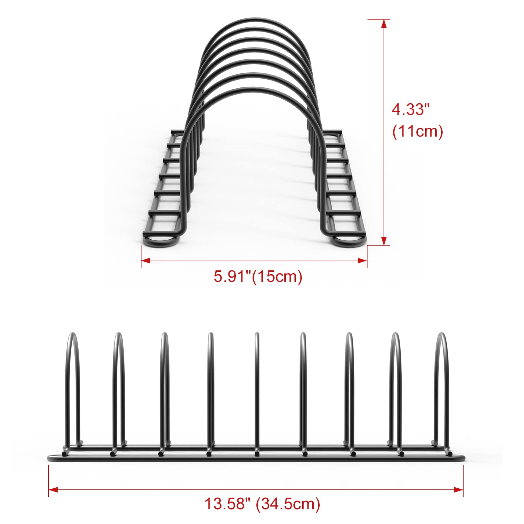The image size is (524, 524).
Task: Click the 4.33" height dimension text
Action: coord(410,110)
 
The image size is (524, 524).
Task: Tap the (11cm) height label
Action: coord(417,132)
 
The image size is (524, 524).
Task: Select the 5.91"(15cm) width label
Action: coord(258,277)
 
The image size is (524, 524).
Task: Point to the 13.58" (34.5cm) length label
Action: coord(262,504)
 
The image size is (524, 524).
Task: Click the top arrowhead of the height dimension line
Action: coord(384,23)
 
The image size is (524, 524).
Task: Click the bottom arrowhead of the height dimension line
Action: coord(384,241)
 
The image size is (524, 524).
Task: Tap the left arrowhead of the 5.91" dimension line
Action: coord(145,260)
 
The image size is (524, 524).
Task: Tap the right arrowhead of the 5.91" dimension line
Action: coord(363,260)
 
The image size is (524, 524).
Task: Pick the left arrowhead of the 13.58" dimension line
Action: coord(53,490)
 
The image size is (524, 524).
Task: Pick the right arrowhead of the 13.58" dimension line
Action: coord(459,490)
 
